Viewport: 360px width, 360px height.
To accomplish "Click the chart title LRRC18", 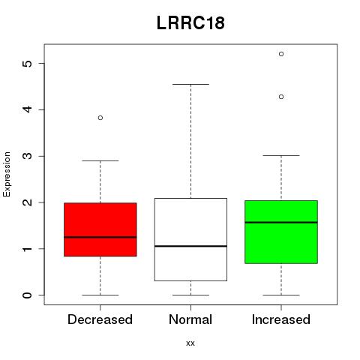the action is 190,23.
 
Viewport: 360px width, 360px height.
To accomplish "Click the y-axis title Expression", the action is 7,175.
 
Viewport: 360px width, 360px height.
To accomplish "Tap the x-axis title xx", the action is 190,343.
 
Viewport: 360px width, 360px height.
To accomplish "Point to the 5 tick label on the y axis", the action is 27,64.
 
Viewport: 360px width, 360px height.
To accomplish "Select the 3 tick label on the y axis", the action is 27,156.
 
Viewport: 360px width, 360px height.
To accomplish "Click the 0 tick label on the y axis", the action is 27,295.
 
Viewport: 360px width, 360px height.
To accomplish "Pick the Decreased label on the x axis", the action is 100,319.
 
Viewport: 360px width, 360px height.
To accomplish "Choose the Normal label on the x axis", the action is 190,319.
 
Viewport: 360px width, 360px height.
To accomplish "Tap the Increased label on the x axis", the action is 281,319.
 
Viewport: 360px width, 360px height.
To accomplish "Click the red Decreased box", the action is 100,229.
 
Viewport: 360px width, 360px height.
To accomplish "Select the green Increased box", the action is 281,232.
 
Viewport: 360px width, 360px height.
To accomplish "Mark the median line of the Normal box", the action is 190,246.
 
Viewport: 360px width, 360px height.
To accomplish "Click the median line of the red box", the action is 100,237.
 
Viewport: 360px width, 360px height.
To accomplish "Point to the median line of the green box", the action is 281,222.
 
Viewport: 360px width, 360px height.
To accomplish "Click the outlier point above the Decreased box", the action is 100,118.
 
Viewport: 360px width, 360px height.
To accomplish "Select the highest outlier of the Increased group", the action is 281,54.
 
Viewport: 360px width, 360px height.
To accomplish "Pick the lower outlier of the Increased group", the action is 281,97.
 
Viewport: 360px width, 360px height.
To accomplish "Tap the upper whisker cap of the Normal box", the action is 190,85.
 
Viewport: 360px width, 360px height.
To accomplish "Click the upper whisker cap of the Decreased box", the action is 100,160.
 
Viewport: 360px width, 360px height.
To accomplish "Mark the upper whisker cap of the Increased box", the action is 281,155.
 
